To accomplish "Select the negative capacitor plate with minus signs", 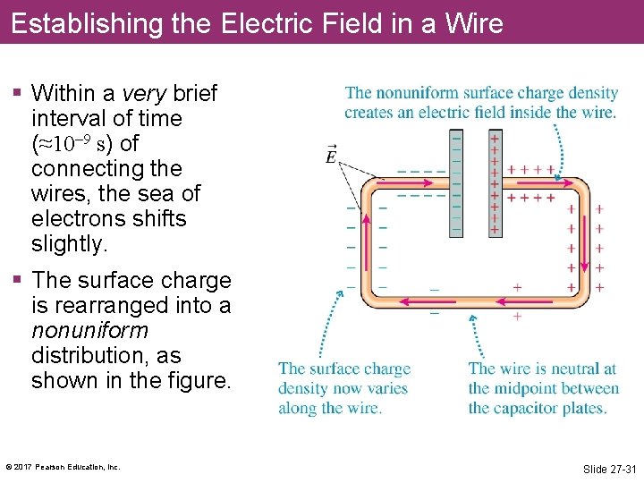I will (457, 183).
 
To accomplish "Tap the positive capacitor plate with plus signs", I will (495, 183).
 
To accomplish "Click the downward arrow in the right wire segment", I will (584, 250).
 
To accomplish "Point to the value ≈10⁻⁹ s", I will (80, 144).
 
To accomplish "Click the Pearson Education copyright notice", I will (63, 467).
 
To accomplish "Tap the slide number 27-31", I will (608, 469).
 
